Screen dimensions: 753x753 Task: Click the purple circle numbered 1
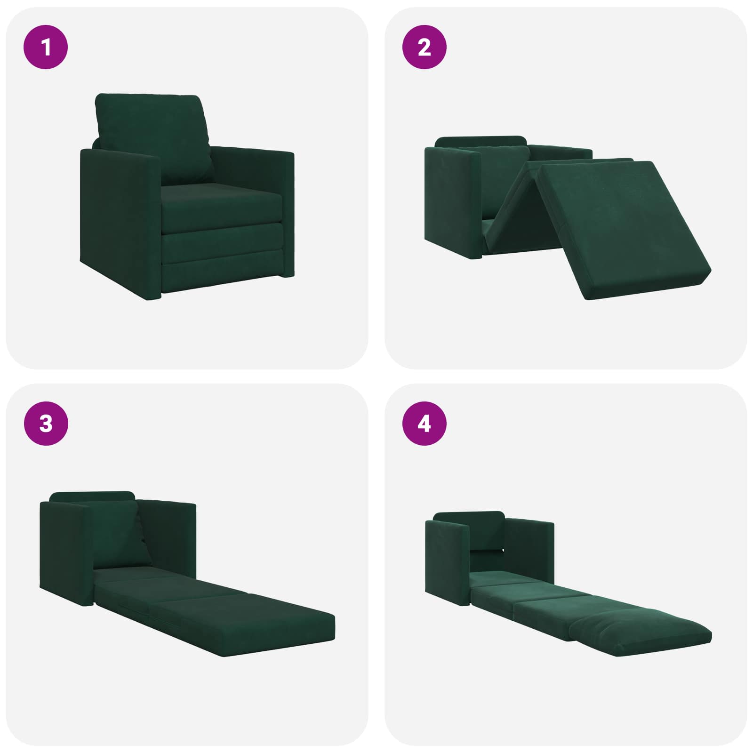[x=46, y=47]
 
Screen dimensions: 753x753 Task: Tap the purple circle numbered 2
[x=424, y=47]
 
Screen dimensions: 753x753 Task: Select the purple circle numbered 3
[x=46, y=424]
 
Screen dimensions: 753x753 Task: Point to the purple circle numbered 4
[x=424, y=424]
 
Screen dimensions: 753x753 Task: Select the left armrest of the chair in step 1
[x=120, y=224]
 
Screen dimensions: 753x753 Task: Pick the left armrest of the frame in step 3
[x=67, y=553]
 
